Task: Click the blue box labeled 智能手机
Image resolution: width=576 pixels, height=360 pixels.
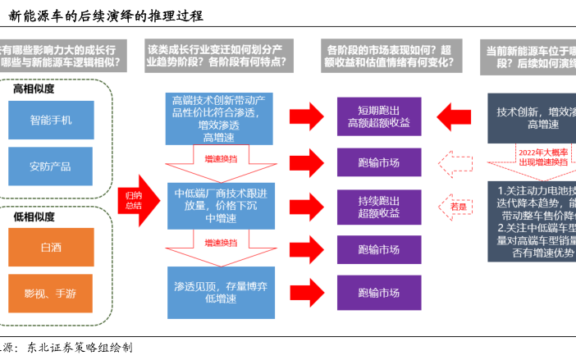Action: point(51,120)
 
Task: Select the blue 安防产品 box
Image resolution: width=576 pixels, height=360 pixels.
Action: point(51,166)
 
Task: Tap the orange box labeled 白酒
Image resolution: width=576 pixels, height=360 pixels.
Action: point(51,247)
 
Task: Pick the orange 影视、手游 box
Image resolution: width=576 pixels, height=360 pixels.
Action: point(51,293)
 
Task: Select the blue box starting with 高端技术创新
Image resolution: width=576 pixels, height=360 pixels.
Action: point(216,118)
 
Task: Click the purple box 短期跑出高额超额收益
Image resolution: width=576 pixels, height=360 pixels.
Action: point(378,116)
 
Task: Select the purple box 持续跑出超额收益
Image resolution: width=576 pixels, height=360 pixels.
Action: point(378,206)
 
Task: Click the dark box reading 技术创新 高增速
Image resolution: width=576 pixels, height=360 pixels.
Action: point(533,116)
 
